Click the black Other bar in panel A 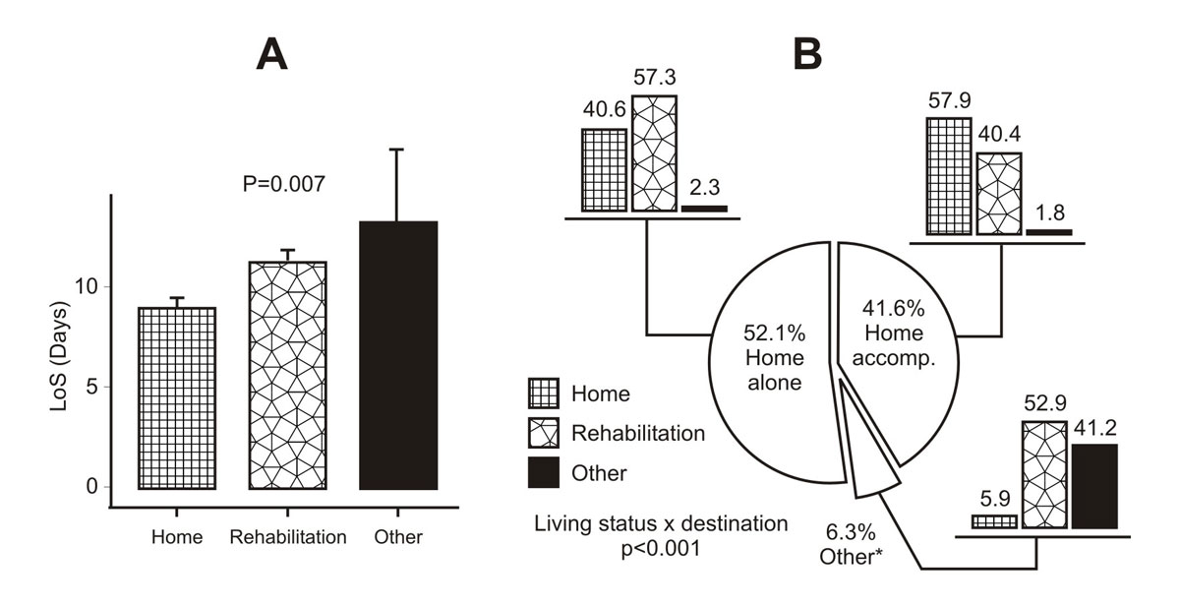pos(397,354)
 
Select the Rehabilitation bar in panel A pos(287,374)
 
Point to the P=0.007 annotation pos(283,183)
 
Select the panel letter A pos(271,55)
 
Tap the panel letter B pos(807,55)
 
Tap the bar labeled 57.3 pos(654,152)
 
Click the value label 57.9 pos(949,101)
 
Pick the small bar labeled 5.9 pos(994,521)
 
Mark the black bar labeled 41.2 pos(1094,486)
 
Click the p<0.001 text pos(660,549)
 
